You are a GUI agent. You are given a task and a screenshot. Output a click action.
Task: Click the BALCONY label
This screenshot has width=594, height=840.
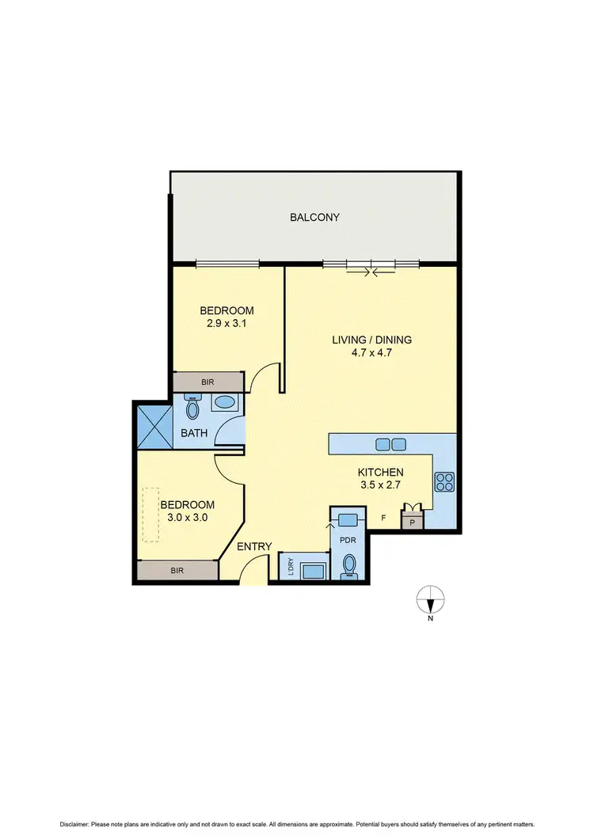click(314, 217)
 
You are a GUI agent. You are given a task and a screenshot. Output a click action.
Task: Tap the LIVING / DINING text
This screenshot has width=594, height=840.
click(371, 340)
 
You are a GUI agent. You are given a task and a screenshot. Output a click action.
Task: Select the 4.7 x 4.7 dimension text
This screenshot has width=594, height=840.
click(371, 353)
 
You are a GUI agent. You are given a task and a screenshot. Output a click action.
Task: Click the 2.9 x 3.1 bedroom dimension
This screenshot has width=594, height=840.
click(226, 322)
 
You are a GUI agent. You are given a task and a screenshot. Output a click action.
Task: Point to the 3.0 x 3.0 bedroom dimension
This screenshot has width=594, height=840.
click(187, 518)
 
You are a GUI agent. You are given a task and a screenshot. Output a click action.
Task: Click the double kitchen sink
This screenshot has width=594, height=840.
click(390, 444)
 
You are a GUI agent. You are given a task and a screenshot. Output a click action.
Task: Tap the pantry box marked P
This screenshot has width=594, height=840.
click(412, 522)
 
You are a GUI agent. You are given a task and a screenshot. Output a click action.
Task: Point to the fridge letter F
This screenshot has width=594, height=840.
click(384, 518)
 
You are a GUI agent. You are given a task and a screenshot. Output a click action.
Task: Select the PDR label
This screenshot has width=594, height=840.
click(348, 540)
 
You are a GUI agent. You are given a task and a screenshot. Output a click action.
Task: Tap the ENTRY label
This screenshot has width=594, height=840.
click(254, 546)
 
